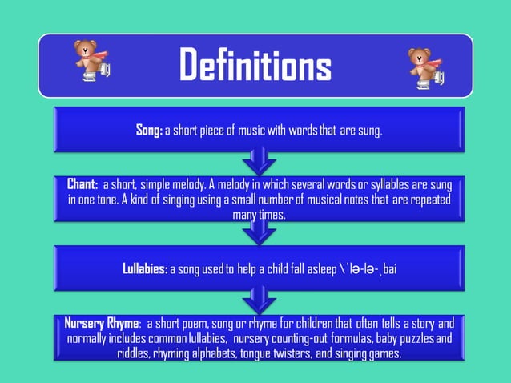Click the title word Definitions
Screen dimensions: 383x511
(255, 65)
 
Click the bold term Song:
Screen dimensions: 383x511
(149, 131)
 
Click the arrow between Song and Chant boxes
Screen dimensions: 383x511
(259, 162)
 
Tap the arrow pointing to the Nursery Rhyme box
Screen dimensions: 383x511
(259, 300)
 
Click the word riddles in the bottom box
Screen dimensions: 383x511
(133, 353)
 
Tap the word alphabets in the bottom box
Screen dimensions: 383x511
(209, 353)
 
